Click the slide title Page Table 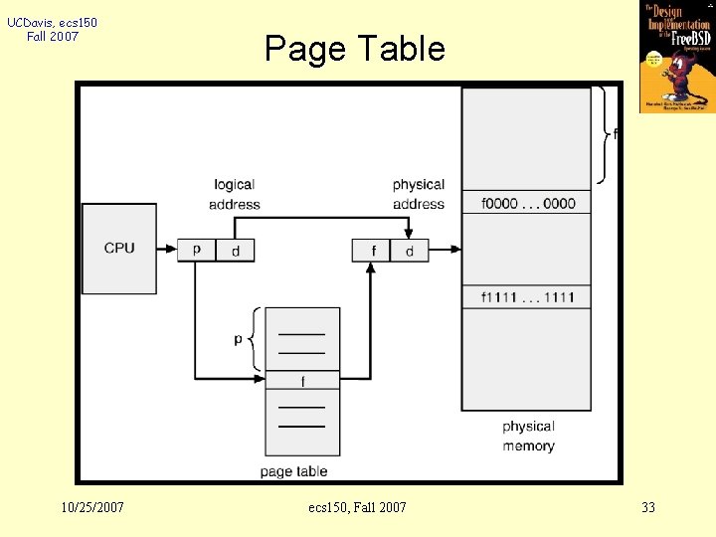coord(355,48)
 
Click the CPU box coord(119,248)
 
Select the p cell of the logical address coord(197,250)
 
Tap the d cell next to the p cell coord(236,251)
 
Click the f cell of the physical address coord(372,251)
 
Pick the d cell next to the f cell coord(410,251)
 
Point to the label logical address coord(235,194)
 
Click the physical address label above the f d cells coord(419,194)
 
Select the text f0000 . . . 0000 coord(528,203)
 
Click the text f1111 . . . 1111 coord(528,297)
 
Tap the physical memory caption coord(528,436)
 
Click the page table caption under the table coord(293,470)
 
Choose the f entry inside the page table coord(302,381)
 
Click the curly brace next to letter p coord(258,339)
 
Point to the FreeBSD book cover coord(677,57)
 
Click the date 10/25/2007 coord(92,507)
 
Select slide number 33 coord(648,507)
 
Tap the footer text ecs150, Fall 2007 coord(357,507)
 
